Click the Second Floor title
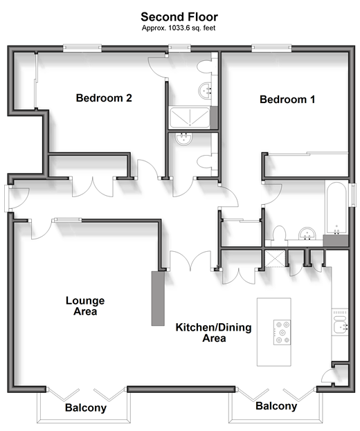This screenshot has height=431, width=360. [x=179, y=17]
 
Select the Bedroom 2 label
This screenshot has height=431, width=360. [x=104, y=98]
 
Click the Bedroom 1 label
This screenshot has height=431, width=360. [x=287, y=99]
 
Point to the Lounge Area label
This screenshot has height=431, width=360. [x=85, y=306]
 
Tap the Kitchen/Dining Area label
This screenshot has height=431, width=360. [x=214, y=333]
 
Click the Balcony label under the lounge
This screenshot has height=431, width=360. [x=86, y=407]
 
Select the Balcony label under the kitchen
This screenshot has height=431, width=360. [x=276, y=406]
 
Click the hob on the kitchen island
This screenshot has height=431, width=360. [x=282, y=332]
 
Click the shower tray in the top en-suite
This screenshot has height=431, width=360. [x=190, y=118]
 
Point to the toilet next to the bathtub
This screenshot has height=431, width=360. [x=280, y=234]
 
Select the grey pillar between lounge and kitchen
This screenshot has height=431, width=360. [x=158, y=298]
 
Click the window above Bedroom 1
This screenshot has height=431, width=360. [x=271, y=48]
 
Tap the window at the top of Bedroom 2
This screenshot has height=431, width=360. [x=82, y=48]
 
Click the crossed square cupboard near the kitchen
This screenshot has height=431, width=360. [x=275, y=258]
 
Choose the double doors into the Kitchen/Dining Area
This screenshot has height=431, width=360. [x=190, y=261]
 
